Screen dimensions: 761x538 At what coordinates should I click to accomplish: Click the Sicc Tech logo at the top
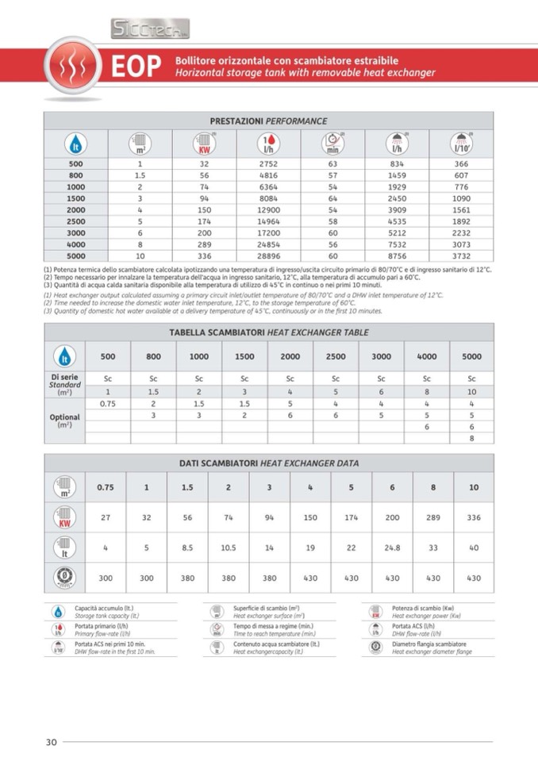(x=149, y=30)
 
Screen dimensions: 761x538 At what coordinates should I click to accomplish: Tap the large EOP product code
(x=136, y=67)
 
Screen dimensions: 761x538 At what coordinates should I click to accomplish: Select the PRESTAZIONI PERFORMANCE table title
(x=268, y=121)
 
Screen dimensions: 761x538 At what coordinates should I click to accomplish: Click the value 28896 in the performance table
(x=267, y=256)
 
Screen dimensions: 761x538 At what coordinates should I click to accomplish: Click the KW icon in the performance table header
(x=204, y=144)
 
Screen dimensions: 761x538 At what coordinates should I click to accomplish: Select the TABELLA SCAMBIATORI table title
(x=268, y=332)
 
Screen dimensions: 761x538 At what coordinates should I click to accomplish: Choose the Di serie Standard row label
(x=65, y=384)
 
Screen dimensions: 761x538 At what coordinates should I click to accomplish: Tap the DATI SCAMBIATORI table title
(x=268, y=463)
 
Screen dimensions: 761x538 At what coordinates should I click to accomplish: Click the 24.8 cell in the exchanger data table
(x=392, y=548)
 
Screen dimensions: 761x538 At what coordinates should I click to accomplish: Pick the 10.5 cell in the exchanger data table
(x=228, y=548)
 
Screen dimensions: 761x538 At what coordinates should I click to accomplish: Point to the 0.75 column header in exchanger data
(x=105, y=487)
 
